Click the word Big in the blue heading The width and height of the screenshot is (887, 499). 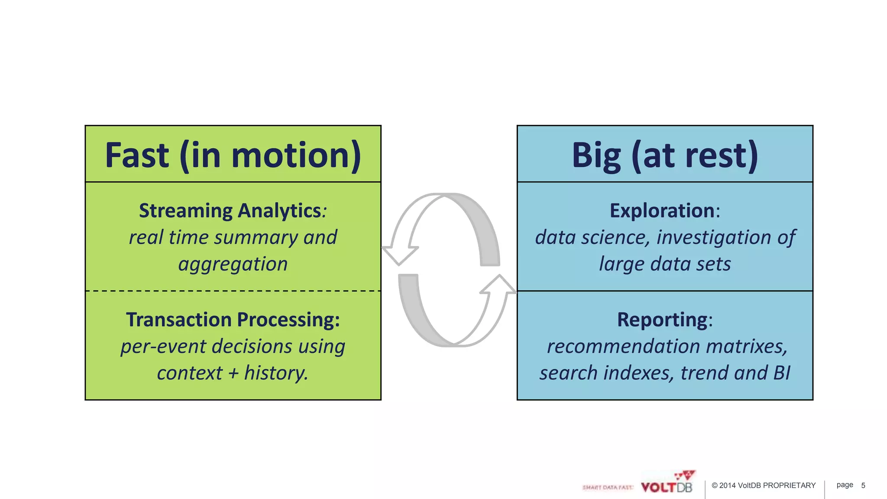[596, 156]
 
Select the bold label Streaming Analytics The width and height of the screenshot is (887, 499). [230, 211]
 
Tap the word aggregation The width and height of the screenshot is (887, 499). [233, 264]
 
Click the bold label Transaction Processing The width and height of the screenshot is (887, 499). [233, 320]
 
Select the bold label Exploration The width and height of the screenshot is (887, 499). [663, 211]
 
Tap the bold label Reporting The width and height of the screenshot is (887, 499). [663, 320]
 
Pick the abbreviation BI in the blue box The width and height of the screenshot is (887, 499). [782, 373]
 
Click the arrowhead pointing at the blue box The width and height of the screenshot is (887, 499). [499, 285]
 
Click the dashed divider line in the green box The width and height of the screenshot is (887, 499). [233, 291]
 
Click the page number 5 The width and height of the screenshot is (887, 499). [863, 486]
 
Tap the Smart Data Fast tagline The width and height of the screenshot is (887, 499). [608, 488]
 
